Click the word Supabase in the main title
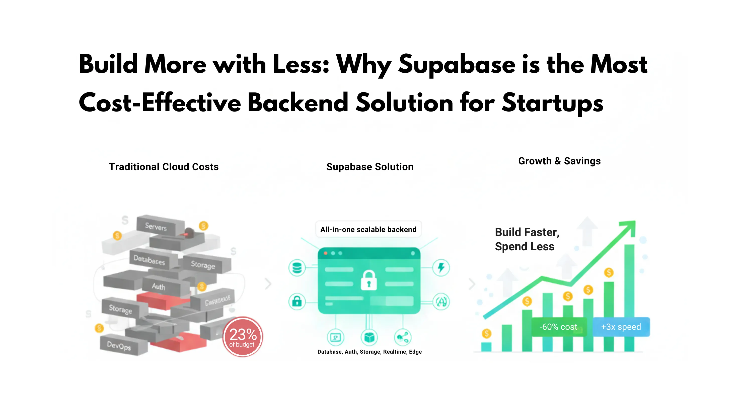click(457, 65)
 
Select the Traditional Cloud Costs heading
click(164, 167)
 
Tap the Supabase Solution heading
click(370, 167)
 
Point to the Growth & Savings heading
click(559, 161)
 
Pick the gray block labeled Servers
click(156, 227)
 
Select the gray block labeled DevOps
click(119, 346)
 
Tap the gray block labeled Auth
click(159, 286)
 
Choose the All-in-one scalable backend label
click(368, 230)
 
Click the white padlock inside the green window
click(368, 280)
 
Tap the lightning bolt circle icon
click(441, 268)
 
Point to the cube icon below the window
click(369, 338)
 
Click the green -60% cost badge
click(558, 327)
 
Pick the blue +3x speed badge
click(621, 327)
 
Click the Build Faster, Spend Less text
click(527, 239)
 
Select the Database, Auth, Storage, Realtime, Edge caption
click(369, 352)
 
